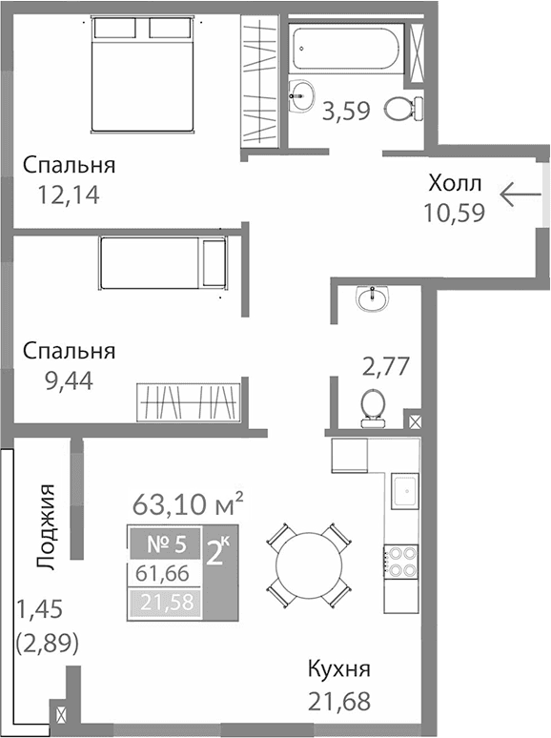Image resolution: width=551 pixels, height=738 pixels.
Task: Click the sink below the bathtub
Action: coord(302,93)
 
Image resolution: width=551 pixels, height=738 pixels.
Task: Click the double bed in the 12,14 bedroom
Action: coord(144,77)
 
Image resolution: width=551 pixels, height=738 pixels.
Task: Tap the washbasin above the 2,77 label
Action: coord(371,299)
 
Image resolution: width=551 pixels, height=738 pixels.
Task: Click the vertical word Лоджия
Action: coord(46,527)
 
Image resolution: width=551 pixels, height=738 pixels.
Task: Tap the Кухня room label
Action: coord(338,669)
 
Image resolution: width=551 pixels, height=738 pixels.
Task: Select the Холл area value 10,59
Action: coord(455,212)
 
